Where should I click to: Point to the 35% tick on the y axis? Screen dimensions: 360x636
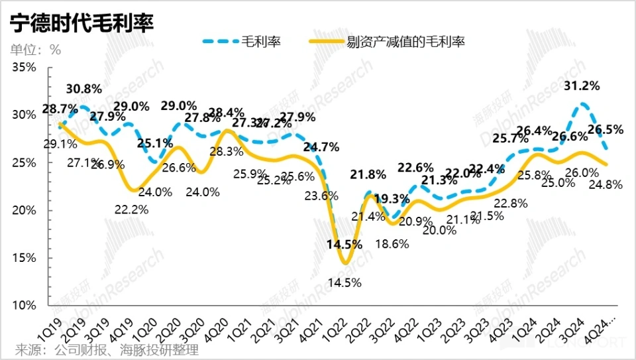point(26,68)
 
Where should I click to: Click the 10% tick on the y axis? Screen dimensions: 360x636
point(26,305)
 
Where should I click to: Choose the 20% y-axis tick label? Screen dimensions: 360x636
point(26,210)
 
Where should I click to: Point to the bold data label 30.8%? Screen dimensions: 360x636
point(83,88)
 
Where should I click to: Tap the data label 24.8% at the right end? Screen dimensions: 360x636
point(605,185)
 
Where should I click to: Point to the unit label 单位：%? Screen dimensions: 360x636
point(35,50)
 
